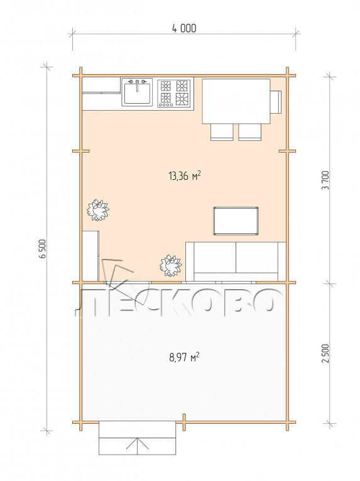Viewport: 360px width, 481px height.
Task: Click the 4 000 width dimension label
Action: (x=184, y=28)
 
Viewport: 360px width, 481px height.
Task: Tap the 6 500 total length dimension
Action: (x=43, y=249)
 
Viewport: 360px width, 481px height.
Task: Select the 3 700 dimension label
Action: (x=325, y=180)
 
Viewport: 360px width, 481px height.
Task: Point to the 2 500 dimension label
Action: (x=325, y=353)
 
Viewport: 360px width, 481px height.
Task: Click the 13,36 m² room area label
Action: (x=185, y=176)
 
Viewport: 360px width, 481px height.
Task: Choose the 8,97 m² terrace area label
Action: (x=184, y=357)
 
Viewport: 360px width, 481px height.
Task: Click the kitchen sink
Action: (x=137, y=92)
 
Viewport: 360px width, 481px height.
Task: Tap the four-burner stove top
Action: (x=174, y=93)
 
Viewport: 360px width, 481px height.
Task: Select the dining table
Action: (x=236, y=101)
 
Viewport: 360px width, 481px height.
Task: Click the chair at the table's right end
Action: (x=276, y=102)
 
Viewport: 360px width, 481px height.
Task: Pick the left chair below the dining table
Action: (x=222, y=132)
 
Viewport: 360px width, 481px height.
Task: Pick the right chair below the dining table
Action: (x=250, y=132)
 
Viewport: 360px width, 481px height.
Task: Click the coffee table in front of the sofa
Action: (x=236, y=221)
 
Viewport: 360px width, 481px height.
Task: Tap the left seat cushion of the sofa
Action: (x=215, y=257)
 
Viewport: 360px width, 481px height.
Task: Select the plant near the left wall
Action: (x=98, y=210)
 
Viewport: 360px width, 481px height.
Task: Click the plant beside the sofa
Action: (x=170, y=265)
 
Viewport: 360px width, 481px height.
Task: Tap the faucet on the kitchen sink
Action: (x=137, y=84)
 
